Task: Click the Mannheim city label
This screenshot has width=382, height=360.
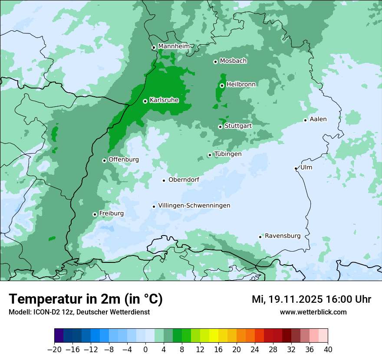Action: (x=174, y=46)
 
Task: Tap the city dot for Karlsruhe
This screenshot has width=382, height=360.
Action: (x=145, y=101)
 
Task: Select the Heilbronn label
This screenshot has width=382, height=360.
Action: (x=241, y=84)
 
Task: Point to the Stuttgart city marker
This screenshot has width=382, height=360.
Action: (x=220, y=127)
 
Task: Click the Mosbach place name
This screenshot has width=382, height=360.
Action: (x=233, y=61)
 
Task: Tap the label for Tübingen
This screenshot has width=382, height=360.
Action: (x=228, y=154)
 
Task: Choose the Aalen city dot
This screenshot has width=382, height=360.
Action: (x=305, y=120)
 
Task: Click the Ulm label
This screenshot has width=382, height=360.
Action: (x=306, y=167)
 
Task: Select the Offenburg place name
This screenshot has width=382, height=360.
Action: (x=124, y=160)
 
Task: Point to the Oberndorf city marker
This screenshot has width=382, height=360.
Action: (x=164, y=180)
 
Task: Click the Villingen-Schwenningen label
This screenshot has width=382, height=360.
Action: (x=194, y=206)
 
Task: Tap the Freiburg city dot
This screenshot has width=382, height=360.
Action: (x=95, y=214)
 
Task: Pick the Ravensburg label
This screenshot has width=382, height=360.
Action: (x=283, y=236)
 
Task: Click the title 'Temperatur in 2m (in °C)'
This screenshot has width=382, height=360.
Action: (x=86, y=299)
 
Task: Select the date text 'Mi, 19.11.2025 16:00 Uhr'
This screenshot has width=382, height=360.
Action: (x=311, y=299)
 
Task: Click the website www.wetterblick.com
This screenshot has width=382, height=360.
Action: (x=313, y=312)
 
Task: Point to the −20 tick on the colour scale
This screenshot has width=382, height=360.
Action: (x=54, y=350)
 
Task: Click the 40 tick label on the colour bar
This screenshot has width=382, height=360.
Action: (x=327, y=350)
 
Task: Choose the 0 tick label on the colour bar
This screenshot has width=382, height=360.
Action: (x=145, y=350)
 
